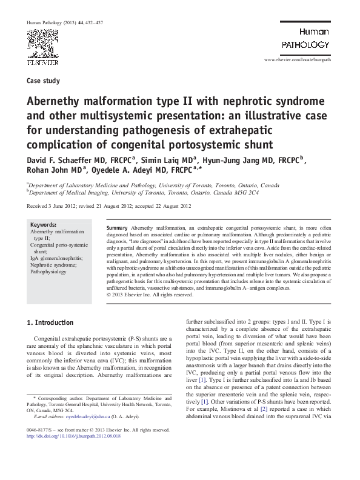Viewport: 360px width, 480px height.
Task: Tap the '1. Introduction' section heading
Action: tap(52, 322)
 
